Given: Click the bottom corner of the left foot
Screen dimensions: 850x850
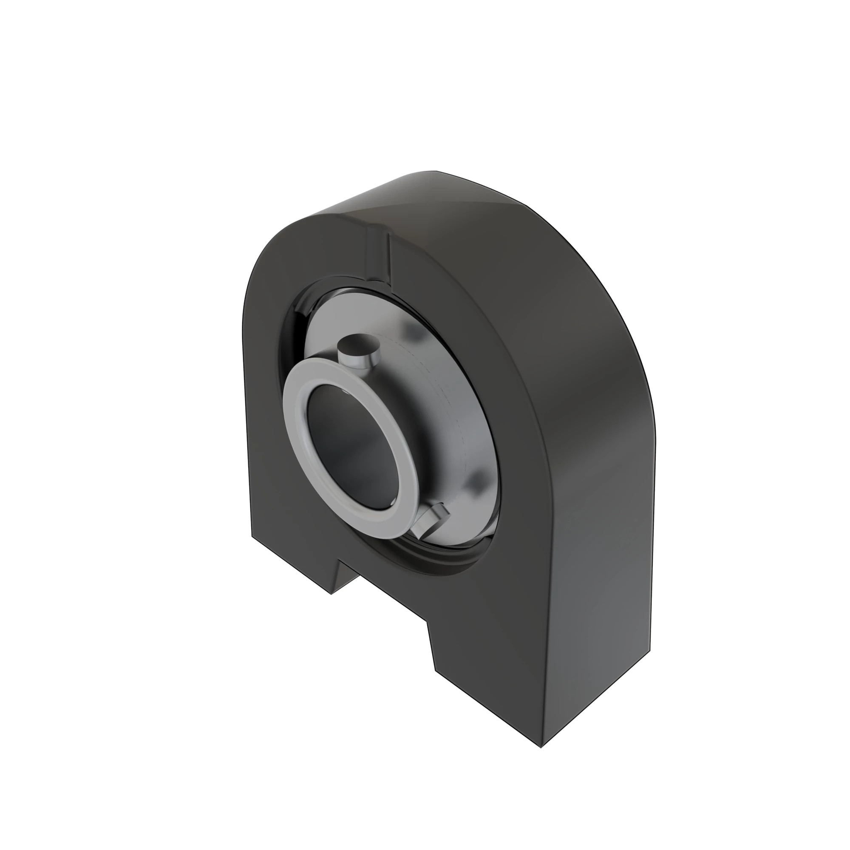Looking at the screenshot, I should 331,594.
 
